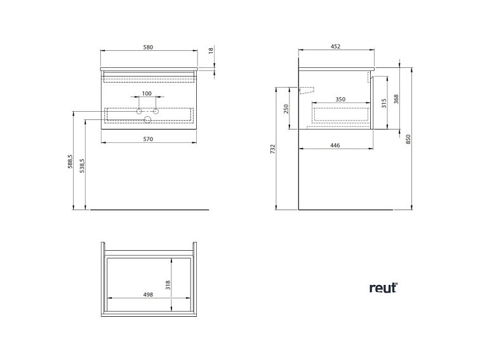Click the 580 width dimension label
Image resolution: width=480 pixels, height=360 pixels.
point(149,47)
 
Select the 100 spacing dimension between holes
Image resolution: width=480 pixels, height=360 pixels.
point(147,94)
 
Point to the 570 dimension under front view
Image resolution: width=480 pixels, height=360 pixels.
point(148,138)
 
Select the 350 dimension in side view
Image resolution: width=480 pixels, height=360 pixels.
point(340,100)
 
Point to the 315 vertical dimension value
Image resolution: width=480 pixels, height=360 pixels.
point(383,103)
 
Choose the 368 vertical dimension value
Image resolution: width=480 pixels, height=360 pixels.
point(396,99)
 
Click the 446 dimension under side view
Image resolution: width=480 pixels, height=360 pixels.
point(335,145)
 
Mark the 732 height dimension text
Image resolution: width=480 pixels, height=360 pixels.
point(273,150)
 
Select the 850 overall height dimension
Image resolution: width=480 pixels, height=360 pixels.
point(408,139)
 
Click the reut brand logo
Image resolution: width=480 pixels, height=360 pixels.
point(383,288)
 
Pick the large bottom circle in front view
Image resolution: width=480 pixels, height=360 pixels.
point(147,119)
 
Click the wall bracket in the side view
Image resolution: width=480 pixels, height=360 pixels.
point(306,90)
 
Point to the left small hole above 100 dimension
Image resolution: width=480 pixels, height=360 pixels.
point(139,111)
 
